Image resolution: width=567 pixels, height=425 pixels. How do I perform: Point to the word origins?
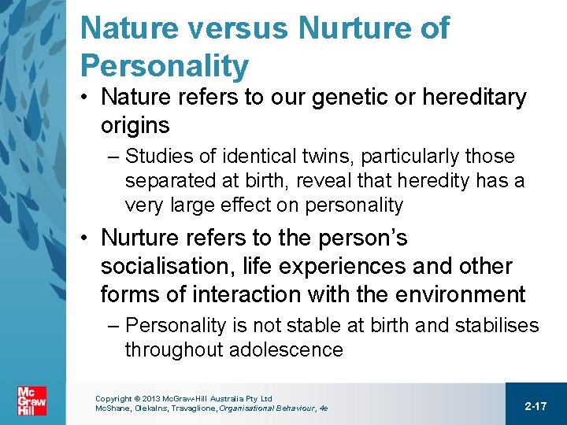point(135,126)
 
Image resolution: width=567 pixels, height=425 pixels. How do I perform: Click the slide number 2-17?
point(535,405)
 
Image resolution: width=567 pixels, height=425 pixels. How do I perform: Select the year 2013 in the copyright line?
point(151,399)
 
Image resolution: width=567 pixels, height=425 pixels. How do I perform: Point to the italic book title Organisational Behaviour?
point(271,409)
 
